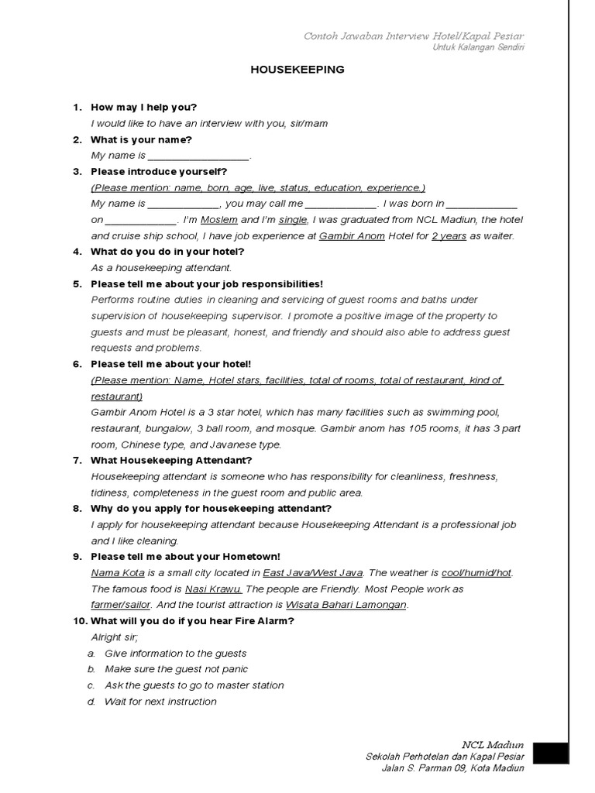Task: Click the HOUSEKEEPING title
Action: point(297,70)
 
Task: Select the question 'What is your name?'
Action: point(141,139)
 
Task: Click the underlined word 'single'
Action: point(293,220)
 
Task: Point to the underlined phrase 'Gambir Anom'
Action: point(352,236)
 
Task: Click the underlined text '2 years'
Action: point(449,236)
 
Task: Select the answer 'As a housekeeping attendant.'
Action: point(161,268)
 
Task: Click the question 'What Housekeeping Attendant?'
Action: point(171,461)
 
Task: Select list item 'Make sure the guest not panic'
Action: point(176,669)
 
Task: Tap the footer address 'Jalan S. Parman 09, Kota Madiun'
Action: point(452,768)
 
